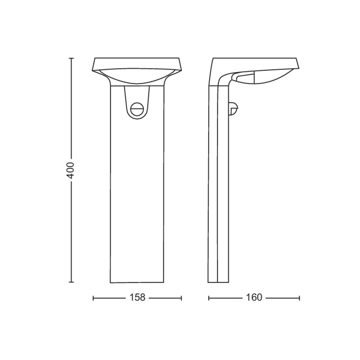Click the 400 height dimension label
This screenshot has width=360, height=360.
(71, 170)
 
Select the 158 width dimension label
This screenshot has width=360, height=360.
(137, 298)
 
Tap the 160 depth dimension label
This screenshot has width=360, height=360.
(254, 298)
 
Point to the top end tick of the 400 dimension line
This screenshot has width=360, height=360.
(71, 58)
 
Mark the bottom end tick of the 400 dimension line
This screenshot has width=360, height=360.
(71, 282)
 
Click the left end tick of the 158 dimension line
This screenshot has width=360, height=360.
(93, 298)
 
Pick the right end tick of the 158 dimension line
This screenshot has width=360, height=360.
(181, 298)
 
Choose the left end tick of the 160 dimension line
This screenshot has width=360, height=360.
(209, 298)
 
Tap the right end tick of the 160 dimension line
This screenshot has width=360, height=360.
(299, 298)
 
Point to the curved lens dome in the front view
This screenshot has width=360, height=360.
(137, 77)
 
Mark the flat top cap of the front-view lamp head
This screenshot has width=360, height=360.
(137, 62)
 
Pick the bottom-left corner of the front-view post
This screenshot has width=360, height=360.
(111, 282)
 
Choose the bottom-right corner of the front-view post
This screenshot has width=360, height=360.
(163, 282)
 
